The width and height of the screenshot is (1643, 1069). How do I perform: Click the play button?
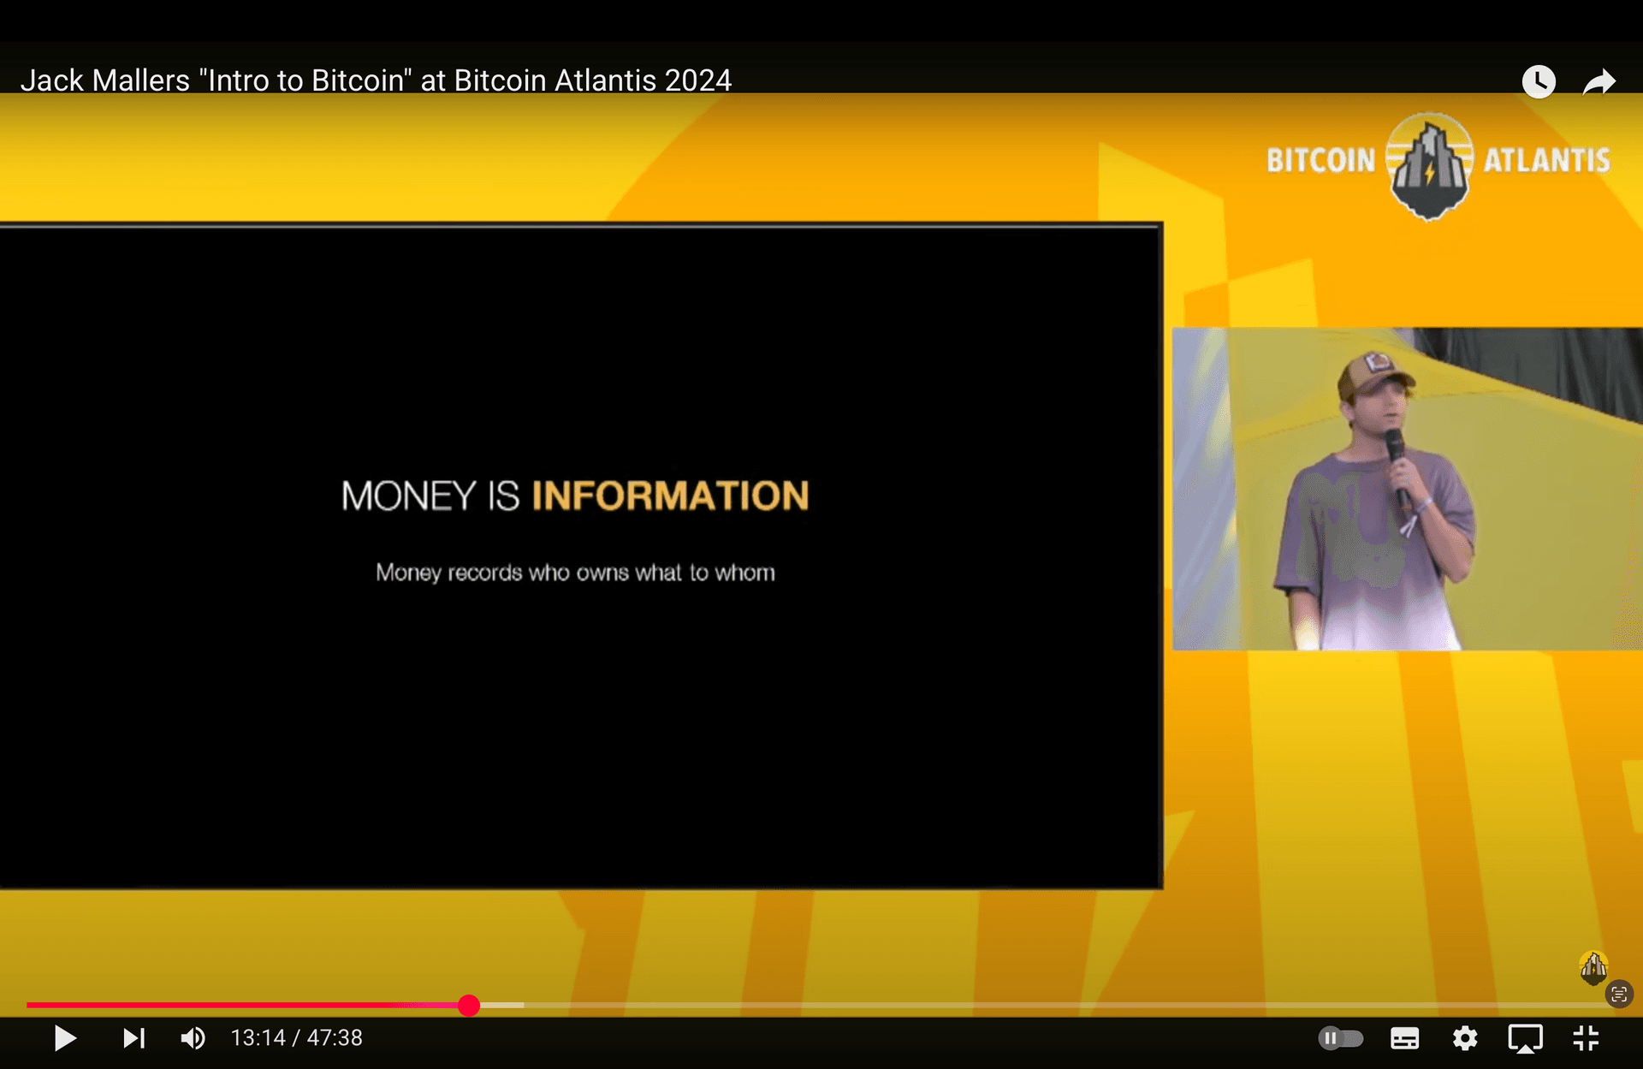65,1038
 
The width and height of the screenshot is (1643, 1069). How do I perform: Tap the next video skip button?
133,1038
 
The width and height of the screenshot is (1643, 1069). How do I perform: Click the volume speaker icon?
193,1038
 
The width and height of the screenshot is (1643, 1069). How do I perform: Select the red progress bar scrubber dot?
468,1005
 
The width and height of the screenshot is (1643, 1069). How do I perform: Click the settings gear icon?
1465,1038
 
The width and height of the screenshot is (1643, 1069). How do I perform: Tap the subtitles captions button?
1404,1038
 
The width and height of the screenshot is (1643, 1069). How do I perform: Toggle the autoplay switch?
1341,1038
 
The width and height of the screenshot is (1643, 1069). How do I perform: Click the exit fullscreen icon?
1586,1038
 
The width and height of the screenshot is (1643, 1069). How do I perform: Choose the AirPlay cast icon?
1525,1039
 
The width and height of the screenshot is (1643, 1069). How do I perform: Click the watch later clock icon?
1539,81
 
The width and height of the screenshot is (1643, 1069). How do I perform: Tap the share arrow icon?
1599,82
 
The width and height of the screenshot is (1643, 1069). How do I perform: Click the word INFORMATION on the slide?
670,496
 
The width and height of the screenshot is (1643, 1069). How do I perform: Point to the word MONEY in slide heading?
408,496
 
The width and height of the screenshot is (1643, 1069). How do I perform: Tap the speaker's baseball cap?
1374,373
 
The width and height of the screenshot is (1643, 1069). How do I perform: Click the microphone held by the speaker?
1397,466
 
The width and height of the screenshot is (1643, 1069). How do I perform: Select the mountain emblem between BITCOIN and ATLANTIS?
1429,165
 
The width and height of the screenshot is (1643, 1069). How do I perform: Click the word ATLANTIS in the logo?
1546,160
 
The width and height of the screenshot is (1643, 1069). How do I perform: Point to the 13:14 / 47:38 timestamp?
296,1038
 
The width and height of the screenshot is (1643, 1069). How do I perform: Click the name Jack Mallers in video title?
105,80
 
